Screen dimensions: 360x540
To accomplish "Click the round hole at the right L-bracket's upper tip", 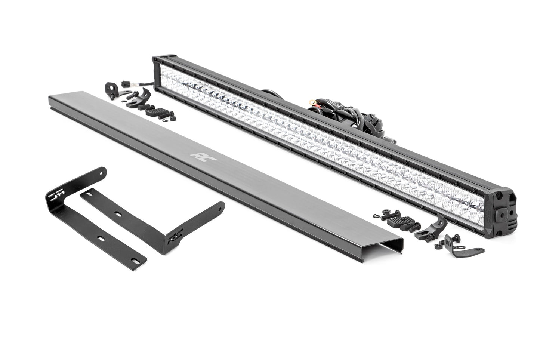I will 221,205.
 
